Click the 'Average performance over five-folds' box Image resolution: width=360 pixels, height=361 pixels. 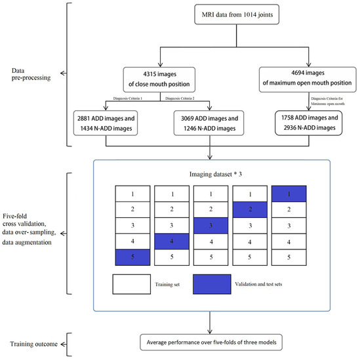coord(215,342)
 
